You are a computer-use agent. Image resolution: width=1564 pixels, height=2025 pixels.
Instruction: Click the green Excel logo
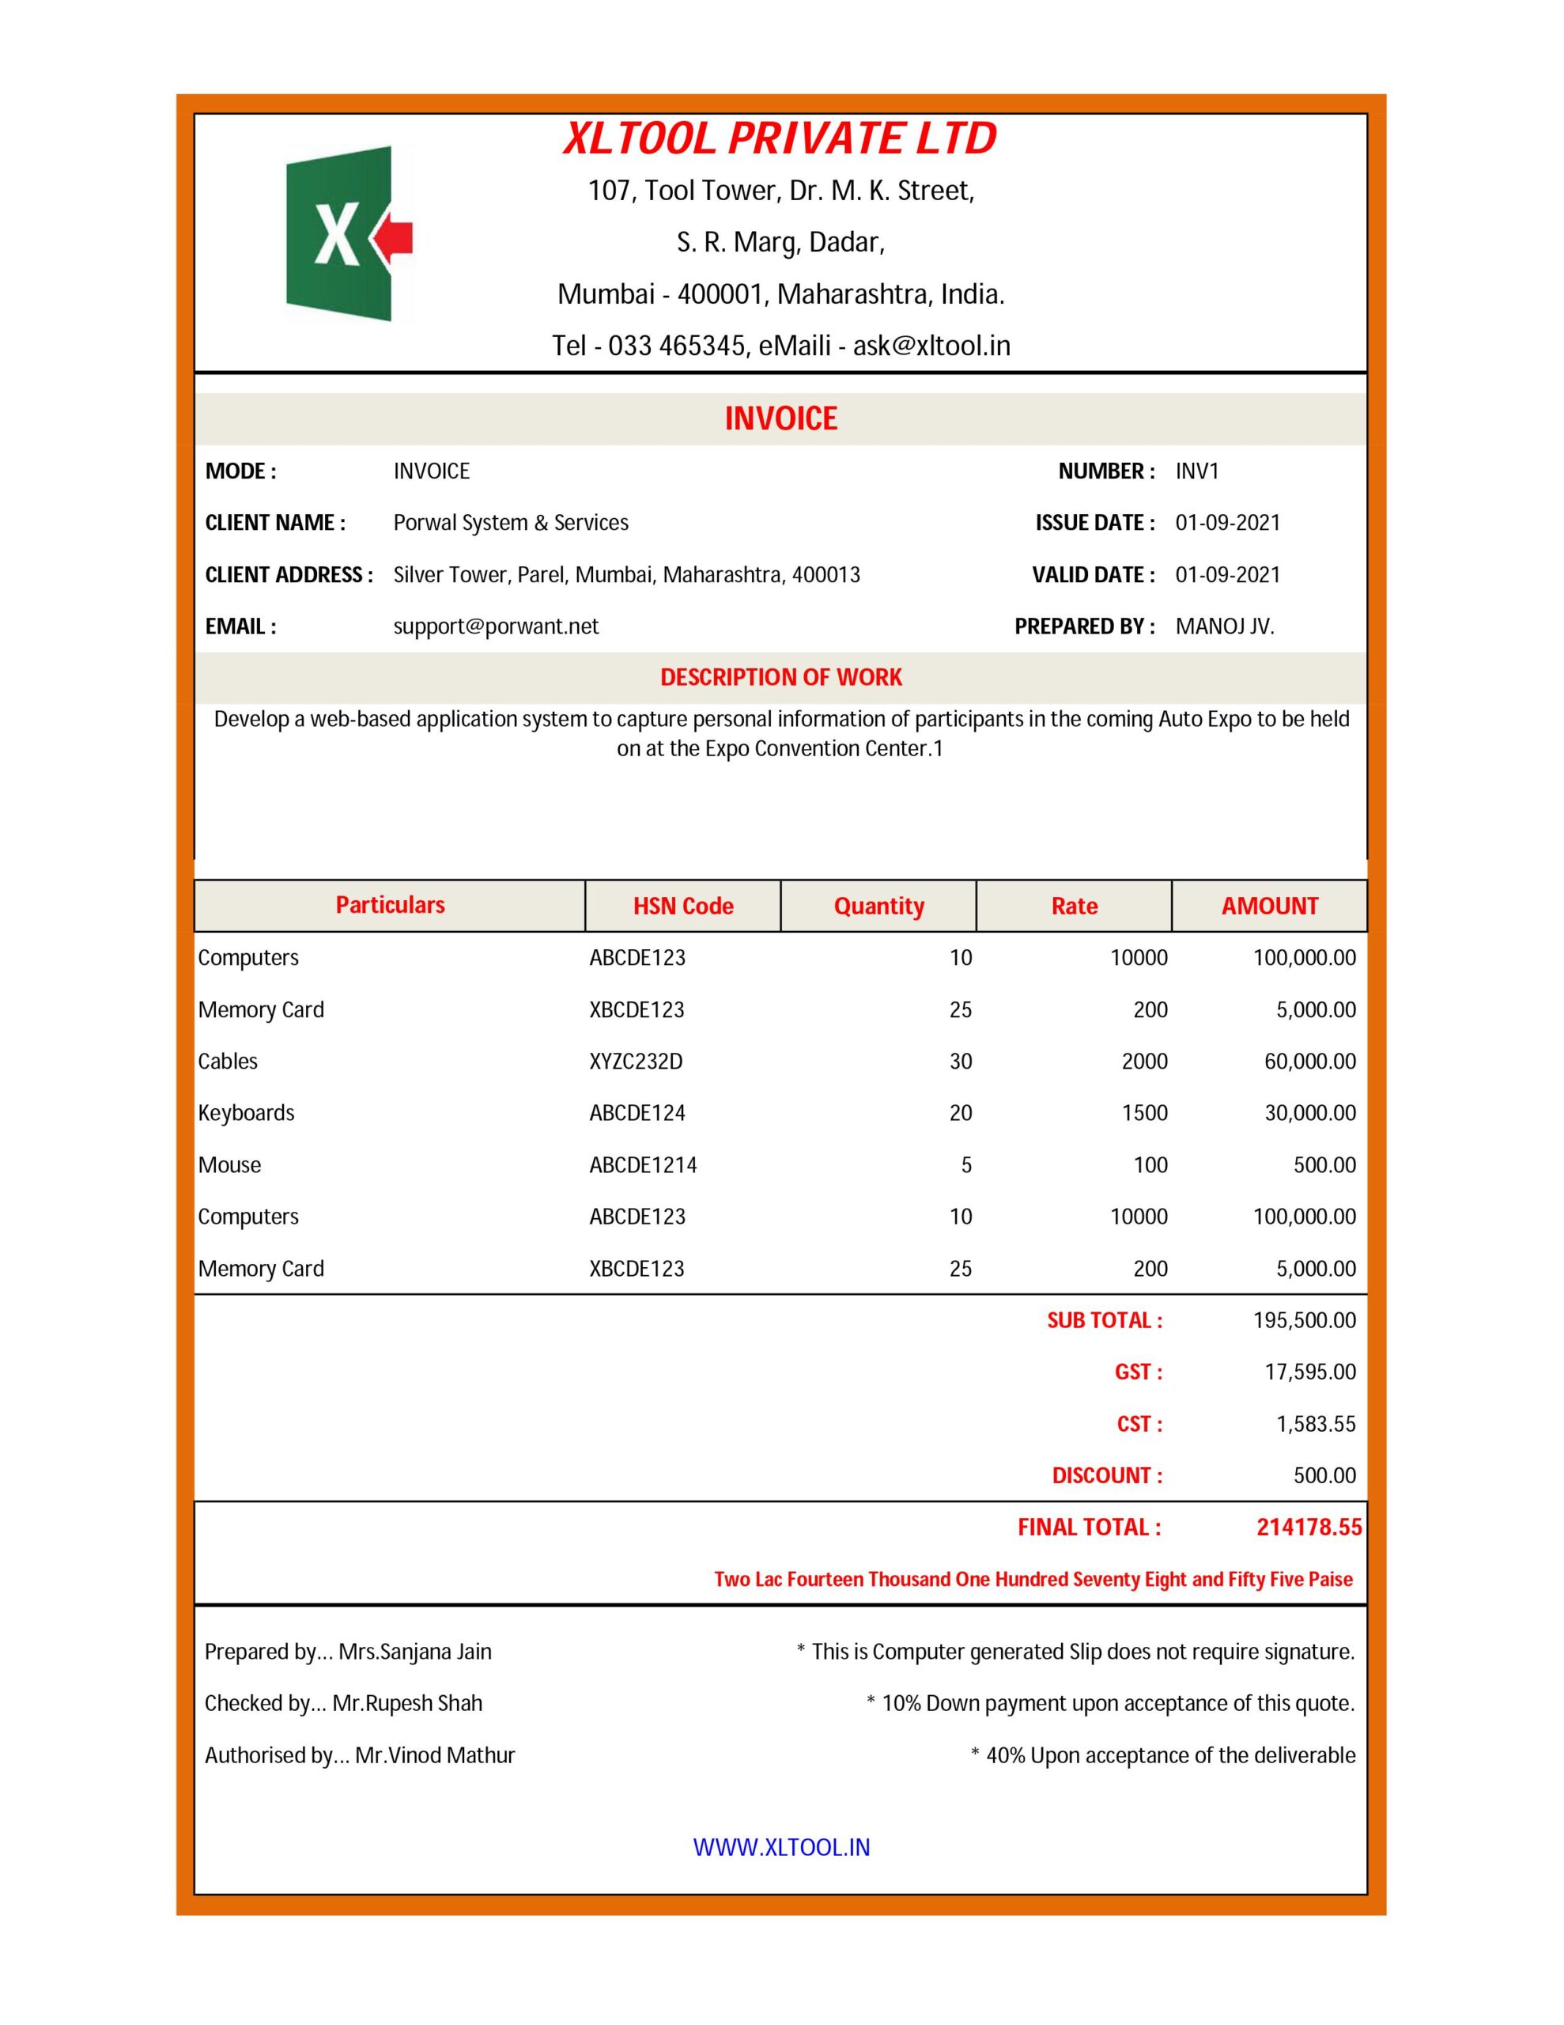click(338, 233)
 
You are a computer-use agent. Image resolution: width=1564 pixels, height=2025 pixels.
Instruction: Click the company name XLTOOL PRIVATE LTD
click(780, 139)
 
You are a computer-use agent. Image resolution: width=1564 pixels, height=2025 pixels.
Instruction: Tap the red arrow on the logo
click(393, 238)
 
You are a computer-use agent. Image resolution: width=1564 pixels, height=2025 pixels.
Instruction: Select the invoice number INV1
click(1197, 471)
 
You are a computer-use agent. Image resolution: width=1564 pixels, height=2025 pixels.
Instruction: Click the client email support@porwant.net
click(496, 626)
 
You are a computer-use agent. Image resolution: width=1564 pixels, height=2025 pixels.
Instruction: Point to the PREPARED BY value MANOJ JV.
click(1225, 626)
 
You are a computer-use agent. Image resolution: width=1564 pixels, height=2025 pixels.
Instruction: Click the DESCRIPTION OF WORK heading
click(780, 678)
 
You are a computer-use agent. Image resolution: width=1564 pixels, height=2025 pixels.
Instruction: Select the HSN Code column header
click(683, 906)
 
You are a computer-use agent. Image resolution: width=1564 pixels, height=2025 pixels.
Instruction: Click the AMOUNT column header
click(1269, 906)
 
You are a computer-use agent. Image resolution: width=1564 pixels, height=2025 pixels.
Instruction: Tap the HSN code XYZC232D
click(636, 1062)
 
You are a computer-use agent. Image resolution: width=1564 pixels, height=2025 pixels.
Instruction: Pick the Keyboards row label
click(246, 1113)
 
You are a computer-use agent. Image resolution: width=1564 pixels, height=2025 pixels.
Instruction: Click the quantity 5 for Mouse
click(966, 1165)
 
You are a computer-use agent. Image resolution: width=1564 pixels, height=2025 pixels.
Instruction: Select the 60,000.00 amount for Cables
click(1310, 1062)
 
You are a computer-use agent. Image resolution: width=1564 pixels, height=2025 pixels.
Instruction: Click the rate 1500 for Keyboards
click(1144, 1113)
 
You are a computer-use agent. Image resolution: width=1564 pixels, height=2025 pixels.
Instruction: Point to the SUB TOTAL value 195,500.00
click(1305, 1320)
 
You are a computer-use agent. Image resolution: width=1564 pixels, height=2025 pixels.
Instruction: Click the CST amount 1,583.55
click(1316, 1424)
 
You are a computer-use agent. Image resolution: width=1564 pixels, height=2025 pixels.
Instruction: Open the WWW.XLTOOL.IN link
click(781, 1848)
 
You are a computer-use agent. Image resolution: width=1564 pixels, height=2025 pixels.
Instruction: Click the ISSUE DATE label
click(1095, 523)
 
